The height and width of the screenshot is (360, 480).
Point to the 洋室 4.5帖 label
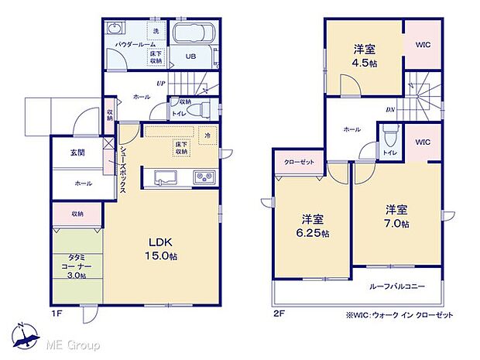(x=365, y=55)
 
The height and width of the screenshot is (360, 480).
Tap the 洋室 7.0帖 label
(x=396, y=215)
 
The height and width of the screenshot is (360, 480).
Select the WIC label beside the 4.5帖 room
(x=423, y=45)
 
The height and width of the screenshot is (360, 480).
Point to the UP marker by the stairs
(x=160, y=84)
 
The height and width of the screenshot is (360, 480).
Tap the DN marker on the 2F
(x=391, y=109)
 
